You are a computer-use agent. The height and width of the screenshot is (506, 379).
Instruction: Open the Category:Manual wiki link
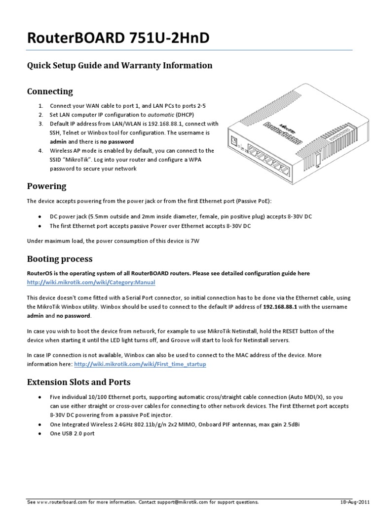coord(91,283)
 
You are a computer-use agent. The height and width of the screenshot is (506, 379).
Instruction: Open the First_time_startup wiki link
coord(140,364)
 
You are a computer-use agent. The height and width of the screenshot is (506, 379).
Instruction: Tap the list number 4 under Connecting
coord(40,151)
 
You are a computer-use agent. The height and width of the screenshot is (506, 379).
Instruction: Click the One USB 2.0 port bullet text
coord(72,433)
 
